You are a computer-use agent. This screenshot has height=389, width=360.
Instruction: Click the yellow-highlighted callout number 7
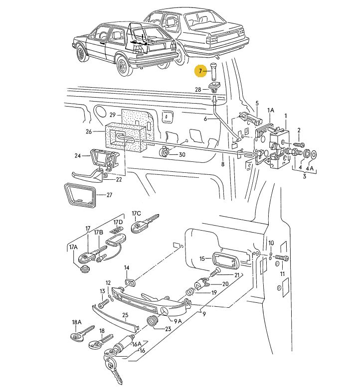point(200,72)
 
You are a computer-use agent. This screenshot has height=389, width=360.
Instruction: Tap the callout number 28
point(198,90)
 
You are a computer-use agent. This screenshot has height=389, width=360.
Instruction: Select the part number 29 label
point(112,115)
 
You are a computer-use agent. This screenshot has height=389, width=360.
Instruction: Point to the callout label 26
point(89,132)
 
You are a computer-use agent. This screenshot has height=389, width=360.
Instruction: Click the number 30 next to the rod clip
point(182,154)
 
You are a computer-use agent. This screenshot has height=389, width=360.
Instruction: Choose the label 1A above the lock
point(271,110)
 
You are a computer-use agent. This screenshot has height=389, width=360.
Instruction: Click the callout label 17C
point(136,214)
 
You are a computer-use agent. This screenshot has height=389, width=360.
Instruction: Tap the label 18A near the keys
point(76,322)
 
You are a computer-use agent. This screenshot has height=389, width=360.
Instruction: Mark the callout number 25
point(125,314)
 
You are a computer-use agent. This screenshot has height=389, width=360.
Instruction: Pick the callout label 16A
point(136,344)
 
